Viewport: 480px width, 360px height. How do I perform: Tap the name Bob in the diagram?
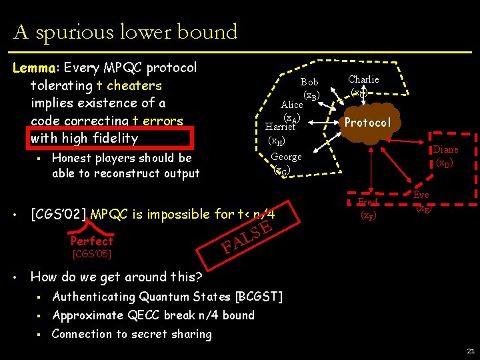pyautogui.click(x=309, y=82)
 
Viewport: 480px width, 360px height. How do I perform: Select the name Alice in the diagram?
pyautogui.click(x=292, y=105)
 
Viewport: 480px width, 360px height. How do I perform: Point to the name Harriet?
pyautogui.click(x=279, y=127)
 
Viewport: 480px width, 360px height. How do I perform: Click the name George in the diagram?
pyautogui.click(x=287, y=157)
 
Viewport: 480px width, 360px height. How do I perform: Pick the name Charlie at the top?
pyautogui.click(x=363, y=79)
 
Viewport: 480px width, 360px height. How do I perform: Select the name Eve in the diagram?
pyautogui.click(x=421, y=195)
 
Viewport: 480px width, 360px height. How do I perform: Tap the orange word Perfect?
pyautogui.click(x=91, y=241)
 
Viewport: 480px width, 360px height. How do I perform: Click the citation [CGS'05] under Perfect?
pyautogui.click(x=91, y=254)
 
